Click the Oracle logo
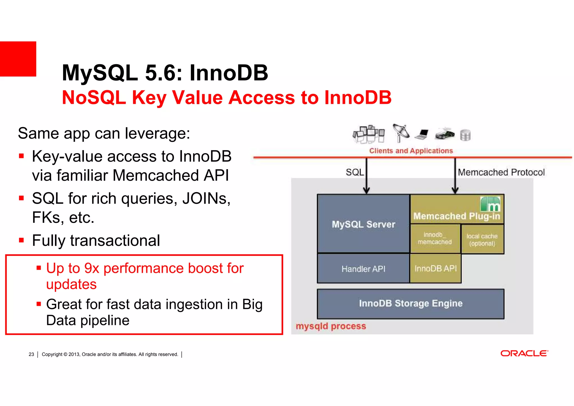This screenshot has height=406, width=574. pos(524,353)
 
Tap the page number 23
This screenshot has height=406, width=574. pos(31,354)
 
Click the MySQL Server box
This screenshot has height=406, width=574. pos(363,224)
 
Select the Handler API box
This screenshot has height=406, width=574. pos(363,269)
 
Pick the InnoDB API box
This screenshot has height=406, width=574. pos(435,269)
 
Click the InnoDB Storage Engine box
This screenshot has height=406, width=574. pos(410,304)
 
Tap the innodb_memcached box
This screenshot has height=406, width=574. pos(435,238)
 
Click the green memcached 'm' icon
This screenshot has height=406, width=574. pos(490,204)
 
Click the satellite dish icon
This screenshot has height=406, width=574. pos(401,132)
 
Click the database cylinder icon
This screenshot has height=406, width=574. pos(465,135)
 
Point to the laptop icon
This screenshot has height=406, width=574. pos(422,134)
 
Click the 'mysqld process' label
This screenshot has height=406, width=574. pos(331,326)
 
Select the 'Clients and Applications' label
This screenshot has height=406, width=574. pos(411,151)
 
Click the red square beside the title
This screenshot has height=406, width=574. pos(18,59)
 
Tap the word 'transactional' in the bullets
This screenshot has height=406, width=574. pos(115,240)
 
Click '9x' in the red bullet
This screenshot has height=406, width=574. pos(92,268)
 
